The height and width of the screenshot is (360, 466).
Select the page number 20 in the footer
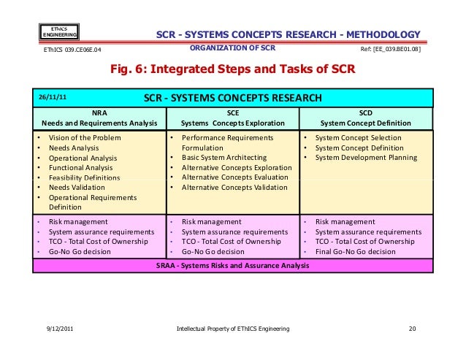click(x=412, y=329)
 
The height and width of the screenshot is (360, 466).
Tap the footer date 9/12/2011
click(x=59, y=329)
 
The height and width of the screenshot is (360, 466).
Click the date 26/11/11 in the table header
click(x=53, y=98)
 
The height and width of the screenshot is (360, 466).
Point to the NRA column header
click(x=99, y=118)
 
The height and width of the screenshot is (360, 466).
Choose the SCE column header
click(x=232, y=118)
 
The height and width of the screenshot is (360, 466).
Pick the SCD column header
click(x=366, y=118)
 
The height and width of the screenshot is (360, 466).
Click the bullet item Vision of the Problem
click(x=84, y=137)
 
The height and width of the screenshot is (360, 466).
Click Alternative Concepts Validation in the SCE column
click(x=233, y=188)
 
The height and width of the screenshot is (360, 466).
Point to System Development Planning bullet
click(x=366, y=157)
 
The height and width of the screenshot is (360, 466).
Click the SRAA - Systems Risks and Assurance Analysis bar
click(x=232, y=265)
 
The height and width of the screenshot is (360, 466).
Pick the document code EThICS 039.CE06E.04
click(x=71, y=50)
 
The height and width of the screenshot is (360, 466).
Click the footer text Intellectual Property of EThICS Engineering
click(x=233, y=329)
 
